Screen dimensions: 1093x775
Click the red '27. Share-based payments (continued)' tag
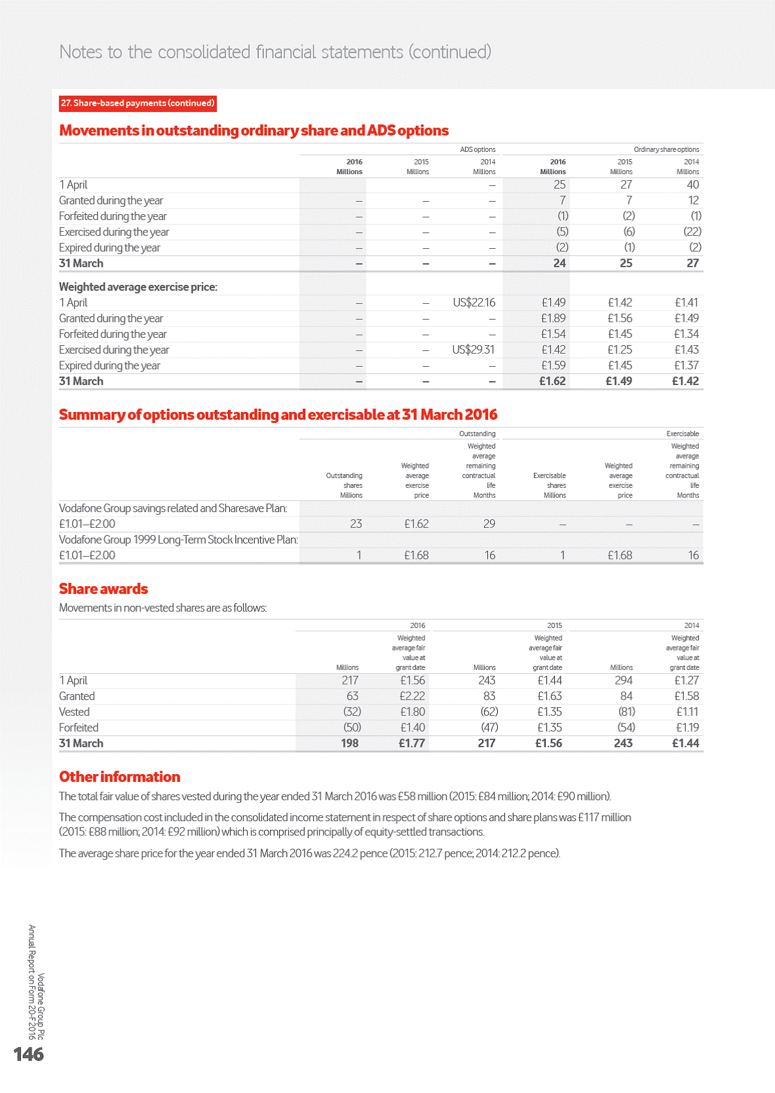coord(138,103)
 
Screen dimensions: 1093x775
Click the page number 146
coord(29,1054)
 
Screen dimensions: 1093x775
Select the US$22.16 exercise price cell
coord(474,303)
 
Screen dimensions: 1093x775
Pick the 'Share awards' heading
coord(104,589)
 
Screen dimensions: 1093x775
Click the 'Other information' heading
coord(119,777)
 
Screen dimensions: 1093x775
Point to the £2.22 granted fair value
coord(412,696)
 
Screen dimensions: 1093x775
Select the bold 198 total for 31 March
coord(349,743)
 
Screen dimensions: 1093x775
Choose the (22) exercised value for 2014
coord(692,232)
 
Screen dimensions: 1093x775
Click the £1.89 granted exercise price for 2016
coord(554,318)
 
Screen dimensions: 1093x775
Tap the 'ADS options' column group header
coord(478,149)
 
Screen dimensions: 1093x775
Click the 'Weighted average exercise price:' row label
coord(138,287)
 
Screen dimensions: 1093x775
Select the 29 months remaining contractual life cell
coord(489,524)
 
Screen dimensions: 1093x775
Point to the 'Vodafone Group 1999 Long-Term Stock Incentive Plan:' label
coord(178,540)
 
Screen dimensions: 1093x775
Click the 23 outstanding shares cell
coord(356,524)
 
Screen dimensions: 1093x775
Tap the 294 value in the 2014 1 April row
coord(623,680)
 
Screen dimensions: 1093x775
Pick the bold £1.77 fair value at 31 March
coord(411,743)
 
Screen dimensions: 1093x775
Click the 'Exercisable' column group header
coord(682,434)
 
